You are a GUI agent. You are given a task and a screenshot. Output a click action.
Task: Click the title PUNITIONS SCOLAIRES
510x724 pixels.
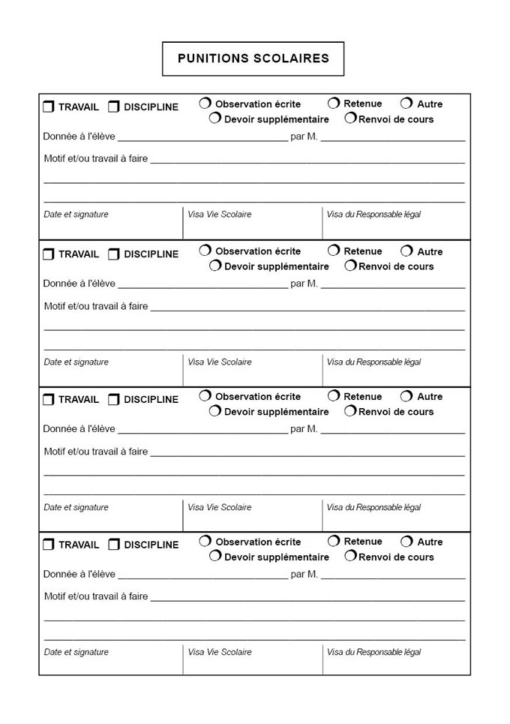pyautogui.click(x=253, y=59)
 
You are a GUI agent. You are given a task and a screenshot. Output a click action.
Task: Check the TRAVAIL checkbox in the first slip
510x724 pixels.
pyautogui.click(x=49, y=107)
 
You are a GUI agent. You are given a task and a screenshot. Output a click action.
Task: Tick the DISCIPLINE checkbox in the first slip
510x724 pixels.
pyautogui.click(x=114, y=107)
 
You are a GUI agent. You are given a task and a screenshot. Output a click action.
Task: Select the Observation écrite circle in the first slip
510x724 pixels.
pyautogui.click(x=205, y=104)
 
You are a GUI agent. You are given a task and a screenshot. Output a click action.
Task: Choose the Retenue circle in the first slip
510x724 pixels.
pyautogui.click(x=334, y=103)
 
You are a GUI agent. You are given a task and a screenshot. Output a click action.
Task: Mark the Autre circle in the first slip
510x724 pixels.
pyautogui.click(x=406, y=104)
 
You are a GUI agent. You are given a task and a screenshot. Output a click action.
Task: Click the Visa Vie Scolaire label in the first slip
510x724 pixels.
pyautogui.click(x=220, y=215)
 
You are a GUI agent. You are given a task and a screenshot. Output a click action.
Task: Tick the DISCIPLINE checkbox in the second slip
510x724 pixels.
pyautogui.click(x=114, y=254)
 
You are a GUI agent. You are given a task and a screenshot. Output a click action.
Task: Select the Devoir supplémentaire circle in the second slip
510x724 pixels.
pyautogui.click(x=215, y=266)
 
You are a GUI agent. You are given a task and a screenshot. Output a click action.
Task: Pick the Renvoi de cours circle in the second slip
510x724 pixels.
pyautogui.click(x=350, y=266)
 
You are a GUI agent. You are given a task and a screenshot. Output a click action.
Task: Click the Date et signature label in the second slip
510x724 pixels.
pyautogui.click(x=76, y=362)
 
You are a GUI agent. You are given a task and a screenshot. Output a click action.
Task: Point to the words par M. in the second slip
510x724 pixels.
pyautogui.click(x=304, y=284)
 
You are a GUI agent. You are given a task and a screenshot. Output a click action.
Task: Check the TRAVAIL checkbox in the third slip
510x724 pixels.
pyautogui.click(x=49, y=400)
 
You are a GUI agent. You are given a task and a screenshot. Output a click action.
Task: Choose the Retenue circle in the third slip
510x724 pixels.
pyautogui.click(x=334, y=396)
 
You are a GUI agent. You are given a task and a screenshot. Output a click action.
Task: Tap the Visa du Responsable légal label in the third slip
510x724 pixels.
pyautogui.click(x=373, y=508)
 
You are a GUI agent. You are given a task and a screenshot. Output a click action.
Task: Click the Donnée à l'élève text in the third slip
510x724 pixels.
pyautogui.click(x=79, y=429)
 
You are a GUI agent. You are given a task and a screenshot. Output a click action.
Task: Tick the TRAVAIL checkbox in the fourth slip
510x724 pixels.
pyautogui.click(x=49, y=545)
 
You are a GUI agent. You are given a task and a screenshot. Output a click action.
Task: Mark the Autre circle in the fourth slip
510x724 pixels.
pyautogui.click(x=406, y=541)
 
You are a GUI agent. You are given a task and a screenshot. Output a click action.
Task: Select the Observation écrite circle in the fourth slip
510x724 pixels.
pyautogui.click(x=205, y=541)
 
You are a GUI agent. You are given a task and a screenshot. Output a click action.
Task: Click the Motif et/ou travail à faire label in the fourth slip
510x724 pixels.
pyautogui.click(x=96, y=597)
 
